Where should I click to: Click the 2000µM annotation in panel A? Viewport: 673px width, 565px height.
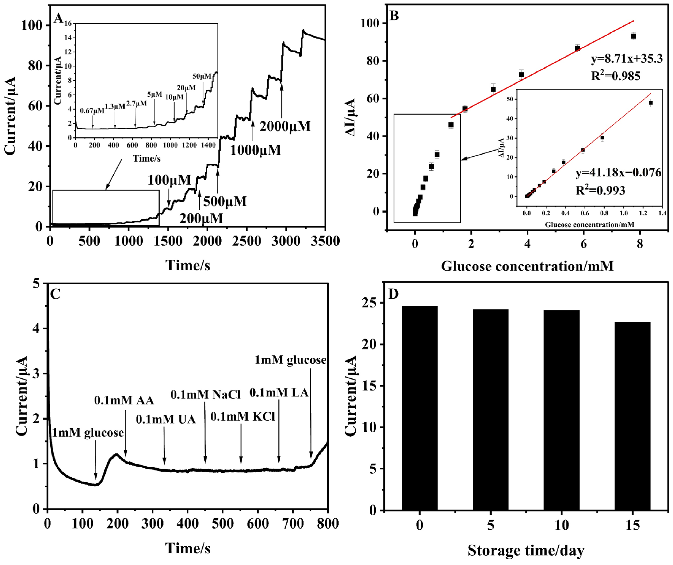285,126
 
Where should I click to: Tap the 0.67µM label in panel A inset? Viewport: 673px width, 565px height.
92,111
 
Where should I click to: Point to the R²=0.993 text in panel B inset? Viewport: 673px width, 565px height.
600,190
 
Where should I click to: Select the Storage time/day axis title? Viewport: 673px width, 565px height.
526,550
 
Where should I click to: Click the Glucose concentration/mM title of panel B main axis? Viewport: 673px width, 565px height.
527,266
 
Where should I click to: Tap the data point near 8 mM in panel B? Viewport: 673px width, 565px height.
634,36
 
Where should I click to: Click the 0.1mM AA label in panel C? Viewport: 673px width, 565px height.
124,400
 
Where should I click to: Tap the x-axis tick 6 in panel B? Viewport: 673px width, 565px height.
584,244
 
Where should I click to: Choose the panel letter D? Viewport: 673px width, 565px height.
393,294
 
